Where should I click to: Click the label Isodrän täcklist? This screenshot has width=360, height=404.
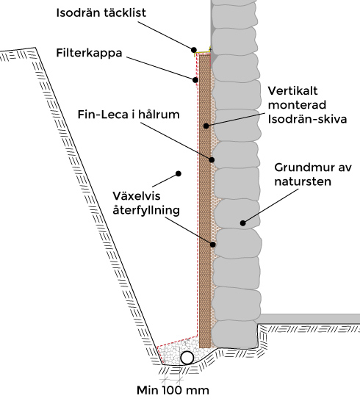[101, 13]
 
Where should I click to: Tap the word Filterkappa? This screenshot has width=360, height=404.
[89, 54]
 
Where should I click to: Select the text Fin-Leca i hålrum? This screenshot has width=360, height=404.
[129, 115]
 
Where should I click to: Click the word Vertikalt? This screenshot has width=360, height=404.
[292, 91]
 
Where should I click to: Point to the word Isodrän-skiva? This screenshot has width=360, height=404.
[307, 119]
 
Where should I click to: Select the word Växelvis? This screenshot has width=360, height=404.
[137, 196]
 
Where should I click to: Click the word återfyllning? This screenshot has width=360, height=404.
[146, 210]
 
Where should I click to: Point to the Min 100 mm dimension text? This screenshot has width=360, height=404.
[173, 390]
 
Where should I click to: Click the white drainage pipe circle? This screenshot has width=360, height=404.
[187, 358]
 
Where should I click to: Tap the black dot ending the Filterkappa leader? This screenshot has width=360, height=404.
[195, 80]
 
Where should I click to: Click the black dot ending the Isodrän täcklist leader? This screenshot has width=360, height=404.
[194, 50]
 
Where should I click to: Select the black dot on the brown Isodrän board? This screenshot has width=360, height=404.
[206, 126]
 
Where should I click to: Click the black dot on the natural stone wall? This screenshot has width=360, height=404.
[242, 223]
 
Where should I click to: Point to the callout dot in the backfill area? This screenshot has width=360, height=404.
[179, 173]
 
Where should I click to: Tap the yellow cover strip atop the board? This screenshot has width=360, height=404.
[203, 52]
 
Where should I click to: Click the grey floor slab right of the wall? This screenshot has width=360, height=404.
[309, 319]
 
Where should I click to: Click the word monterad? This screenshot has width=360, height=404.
[297, 105]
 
